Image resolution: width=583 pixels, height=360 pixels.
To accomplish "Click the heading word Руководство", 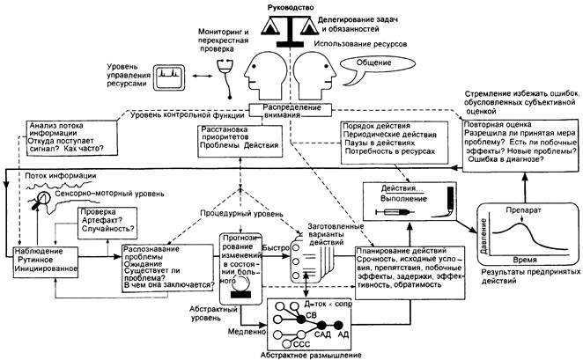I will pos(290,7).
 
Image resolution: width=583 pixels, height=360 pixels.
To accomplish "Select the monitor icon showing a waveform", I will pos(172,80).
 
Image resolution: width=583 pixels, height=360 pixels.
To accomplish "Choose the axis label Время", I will pos(528,263).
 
